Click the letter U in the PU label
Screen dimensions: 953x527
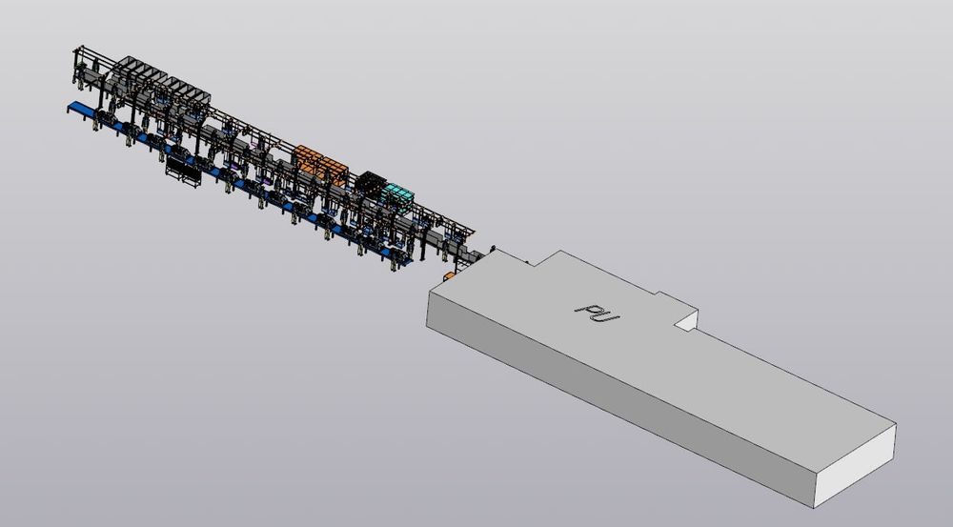(607, 315)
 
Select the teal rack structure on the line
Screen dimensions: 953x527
(397, 195)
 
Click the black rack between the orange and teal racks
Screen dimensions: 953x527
(372, 182)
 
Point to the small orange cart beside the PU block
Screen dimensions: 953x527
(449, 276)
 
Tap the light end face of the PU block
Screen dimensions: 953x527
(855, 467)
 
